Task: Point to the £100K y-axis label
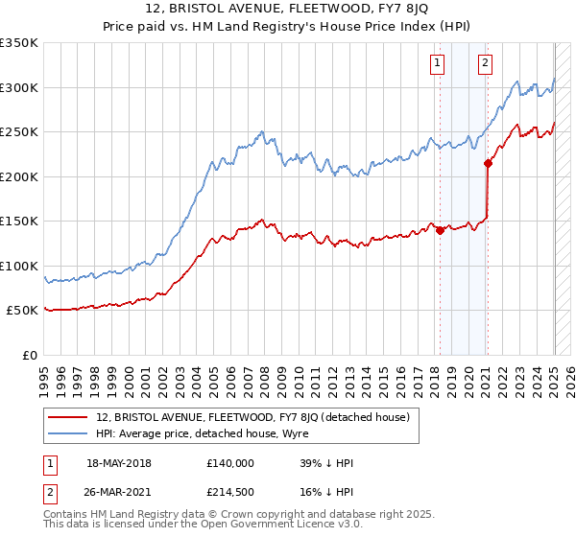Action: point(18,266)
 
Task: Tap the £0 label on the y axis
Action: point(29,355)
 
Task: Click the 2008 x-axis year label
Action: point(265,375)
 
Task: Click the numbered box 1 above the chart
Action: point(438,64)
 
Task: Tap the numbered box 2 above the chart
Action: point(486,64)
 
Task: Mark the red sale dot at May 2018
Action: point(440,230)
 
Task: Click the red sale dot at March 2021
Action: point(488,164)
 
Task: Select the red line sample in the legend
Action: point(67,417)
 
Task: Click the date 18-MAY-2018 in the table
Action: point(119,463)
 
